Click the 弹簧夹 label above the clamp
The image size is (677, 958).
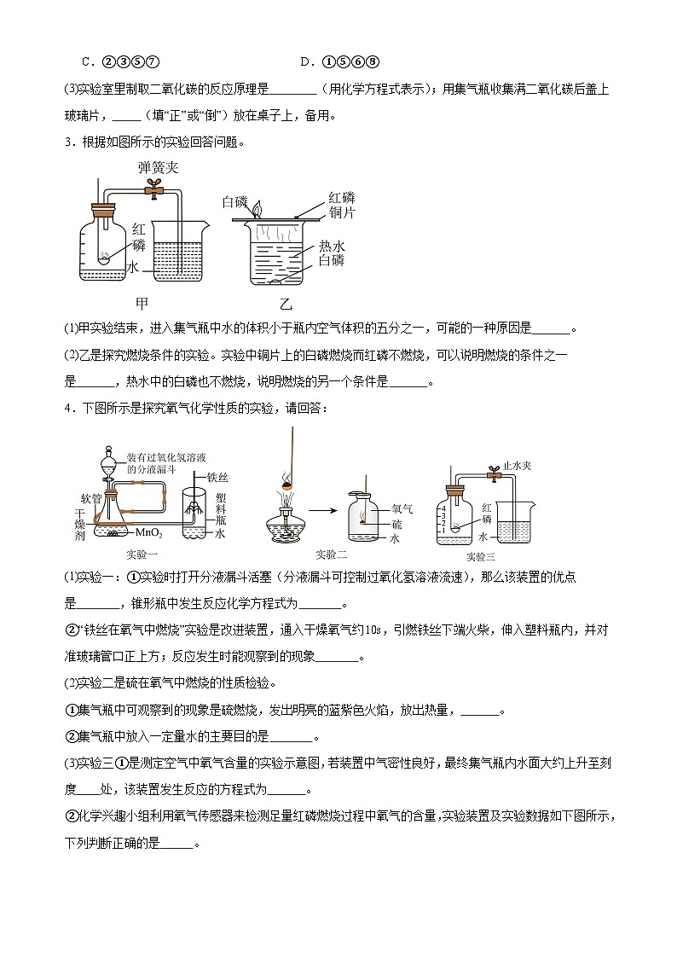tap(159, 168)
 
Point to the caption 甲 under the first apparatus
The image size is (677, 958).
tap(142, 303)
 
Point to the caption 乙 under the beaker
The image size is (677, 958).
tap(285, 303)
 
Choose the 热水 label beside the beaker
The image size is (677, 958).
tap(332, 245)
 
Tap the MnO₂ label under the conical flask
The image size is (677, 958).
tap(148, 532)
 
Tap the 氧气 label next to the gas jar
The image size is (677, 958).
tap(402, 509)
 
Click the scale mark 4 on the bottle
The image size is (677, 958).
tap(443, 509)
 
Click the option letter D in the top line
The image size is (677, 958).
tap(304, 61)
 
